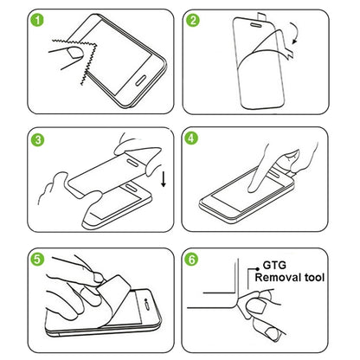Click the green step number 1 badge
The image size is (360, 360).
click(x=16, y=18)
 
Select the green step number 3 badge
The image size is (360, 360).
click(x=16, y=139)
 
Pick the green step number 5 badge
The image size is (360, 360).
click(x=16, y=259)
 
